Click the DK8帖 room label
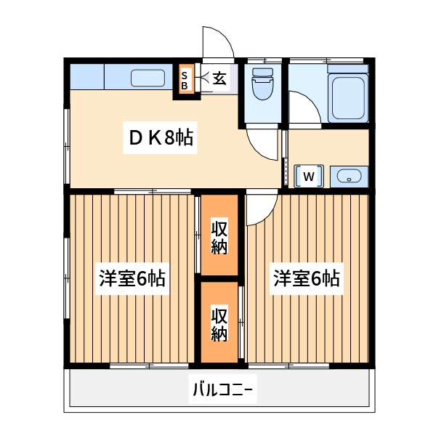point(161,138)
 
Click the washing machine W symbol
point(310,176)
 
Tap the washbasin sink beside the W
point(350,177)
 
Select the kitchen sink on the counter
point(149,77)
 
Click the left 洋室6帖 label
point(133,278)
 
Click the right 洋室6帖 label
point(307,278)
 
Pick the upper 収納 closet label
point(219,237)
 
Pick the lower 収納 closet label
point(219,324)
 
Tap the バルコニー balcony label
point(222,390)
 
